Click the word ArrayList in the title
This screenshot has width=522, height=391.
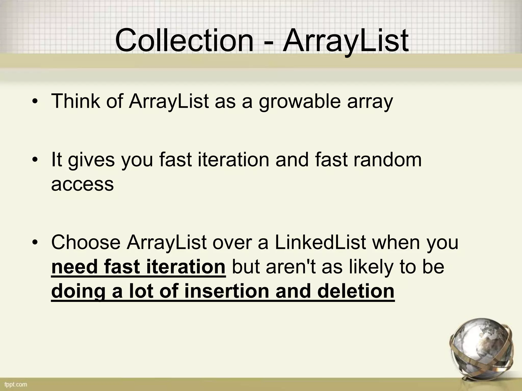pos(346,41)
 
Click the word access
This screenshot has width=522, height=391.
pos(82,184)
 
